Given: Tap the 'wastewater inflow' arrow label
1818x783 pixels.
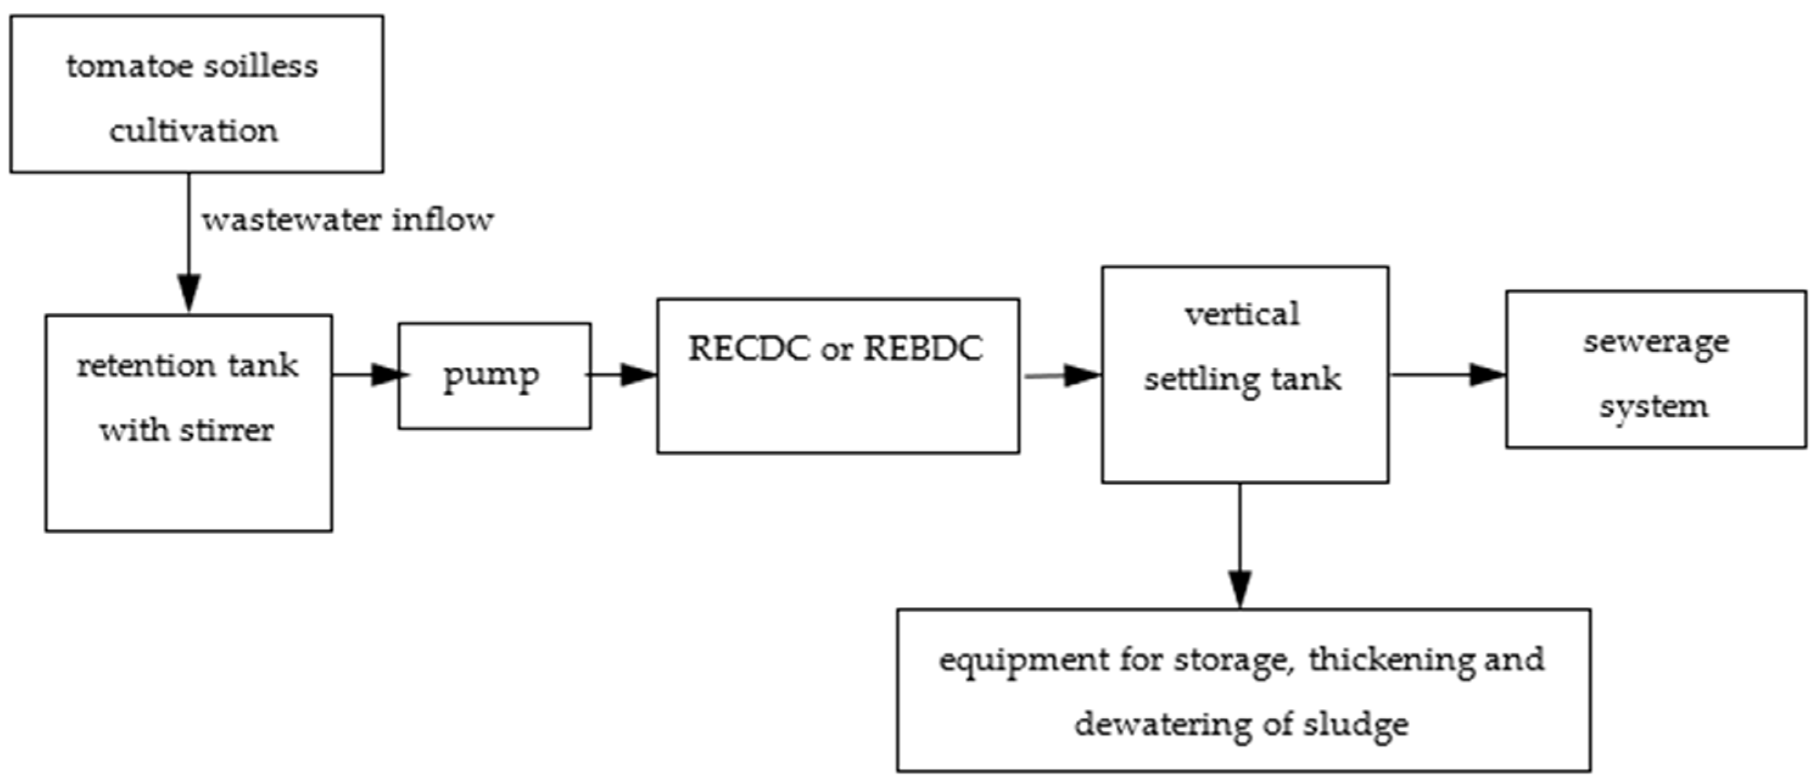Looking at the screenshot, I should point(347,221).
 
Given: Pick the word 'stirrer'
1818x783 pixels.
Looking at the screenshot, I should point(226,431).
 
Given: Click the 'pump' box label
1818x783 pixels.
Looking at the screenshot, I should point(491,377).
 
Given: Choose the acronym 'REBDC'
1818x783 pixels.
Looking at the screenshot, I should point(923,349).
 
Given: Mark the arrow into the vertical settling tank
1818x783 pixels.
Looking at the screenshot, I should point(1062,375).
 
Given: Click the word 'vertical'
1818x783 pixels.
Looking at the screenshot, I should point(1242,315).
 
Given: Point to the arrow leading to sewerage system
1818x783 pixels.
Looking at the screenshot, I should point(1447,375).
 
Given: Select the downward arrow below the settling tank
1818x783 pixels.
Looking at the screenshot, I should point(1240,547).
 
